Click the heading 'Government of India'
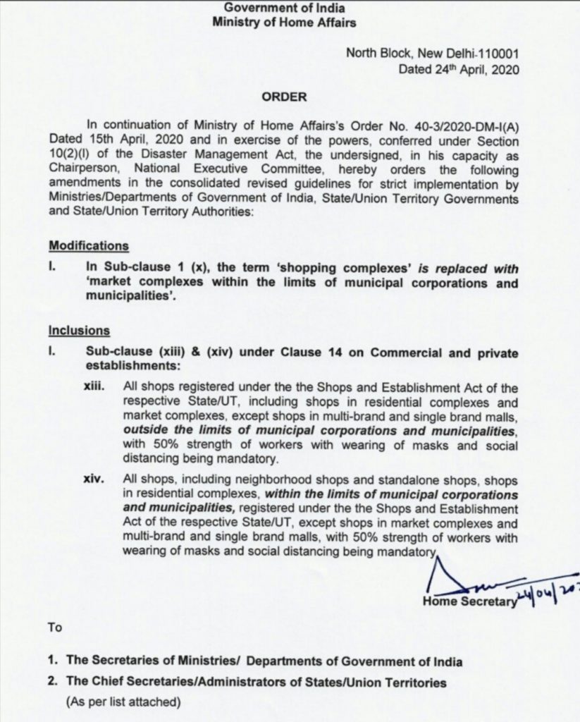tap(284, 8)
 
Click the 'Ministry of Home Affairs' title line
tap(284, 23)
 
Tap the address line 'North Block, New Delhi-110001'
tap(431, 54)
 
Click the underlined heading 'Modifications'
tap(89, 246)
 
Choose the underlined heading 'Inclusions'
tap(79, 329)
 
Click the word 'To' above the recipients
tap(55, 627)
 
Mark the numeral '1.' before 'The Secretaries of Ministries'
tap(53, 662)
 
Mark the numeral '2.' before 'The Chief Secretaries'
tap(53, 683)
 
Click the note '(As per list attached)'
tap(123, 702)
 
